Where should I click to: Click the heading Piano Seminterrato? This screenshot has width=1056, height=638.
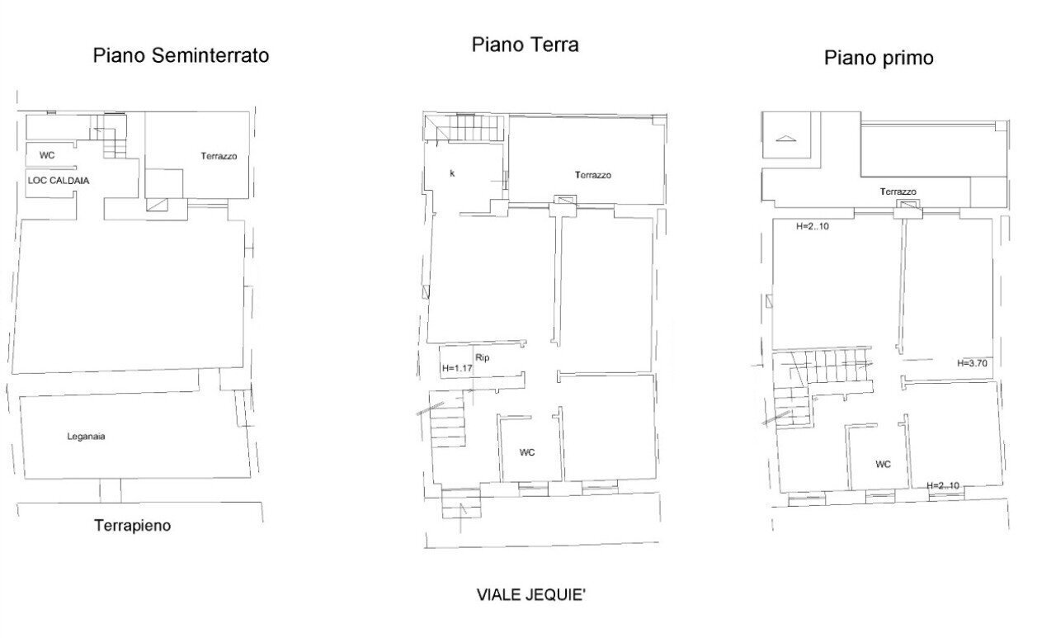pos(181,56)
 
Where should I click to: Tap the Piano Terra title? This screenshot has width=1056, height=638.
pos(525,45)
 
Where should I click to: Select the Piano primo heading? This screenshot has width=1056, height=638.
pos(879,59)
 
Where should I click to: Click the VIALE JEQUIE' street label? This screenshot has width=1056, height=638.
pos(533,594)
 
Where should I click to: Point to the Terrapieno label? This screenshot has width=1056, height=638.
pos(132,525)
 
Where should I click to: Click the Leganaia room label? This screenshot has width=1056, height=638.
pos(86,437)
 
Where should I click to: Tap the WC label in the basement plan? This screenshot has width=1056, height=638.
pos(47,155)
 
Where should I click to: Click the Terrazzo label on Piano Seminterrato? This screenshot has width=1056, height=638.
pos(219,155)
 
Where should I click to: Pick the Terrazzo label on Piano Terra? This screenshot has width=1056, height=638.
pos(592,175)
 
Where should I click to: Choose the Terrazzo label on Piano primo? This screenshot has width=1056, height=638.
pos(898,191)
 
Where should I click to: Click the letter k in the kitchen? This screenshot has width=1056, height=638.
pos(452,174)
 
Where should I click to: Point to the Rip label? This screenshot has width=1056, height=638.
pos(483,357)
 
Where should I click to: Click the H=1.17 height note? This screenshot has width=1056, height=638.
pos(456,369)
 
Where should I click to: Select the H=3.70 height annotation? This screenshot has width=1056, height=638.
pos(972,362)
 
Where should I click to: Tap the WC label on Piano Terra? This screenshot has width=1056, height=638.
pos(527,452)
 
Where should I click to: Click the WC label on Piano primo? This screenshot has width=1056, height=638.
pos(883,464)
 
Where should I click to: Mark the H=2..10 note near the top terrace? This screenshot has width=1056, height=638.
pos(813,226)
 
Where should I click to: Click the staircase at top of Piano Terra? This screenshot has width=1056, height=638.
pos(464,128)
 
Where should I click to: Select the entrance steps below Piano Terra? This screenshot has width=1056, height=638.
pos(460,503)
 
